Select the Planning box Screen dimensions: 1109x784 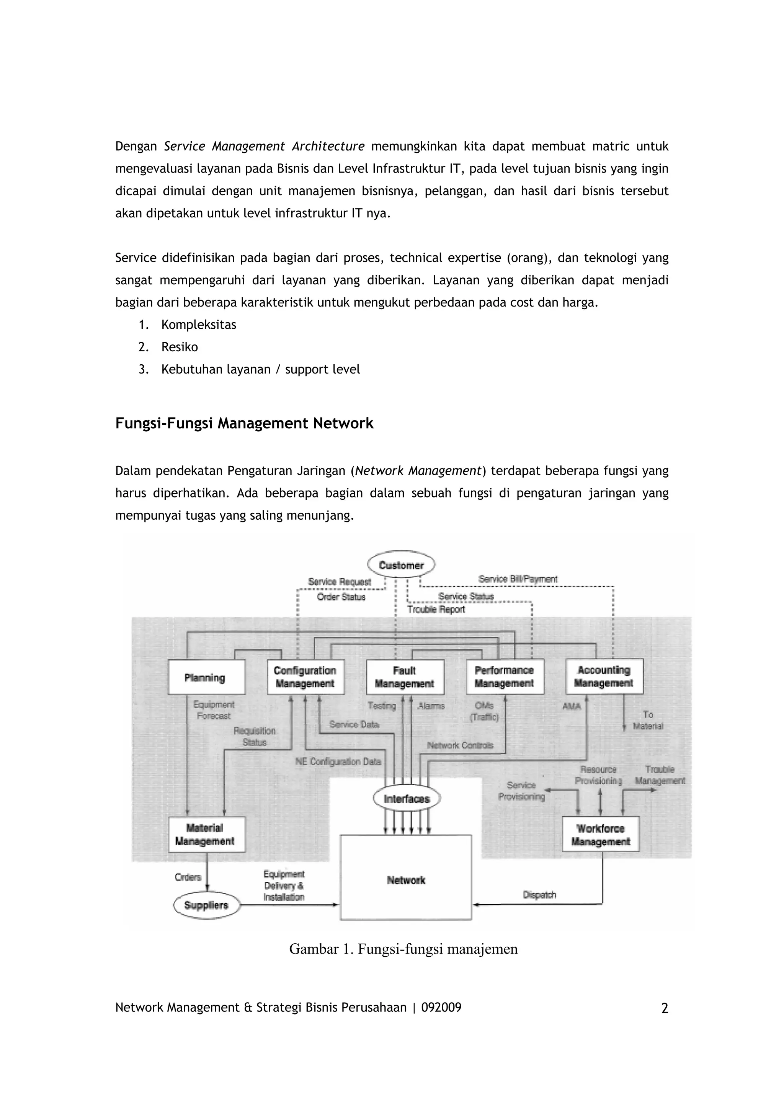[206, 677]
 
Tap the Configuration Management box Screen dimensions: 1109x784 [305, 677]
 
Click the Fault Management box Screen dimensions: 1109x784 [405, 677]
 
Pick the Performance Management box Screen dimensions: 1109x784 [504, 677]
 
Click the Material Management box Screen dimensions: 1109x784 [206, 834]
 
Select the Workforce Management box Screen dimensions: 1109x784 [600, 835]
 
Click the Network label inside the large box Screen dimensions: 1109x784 [406, 880]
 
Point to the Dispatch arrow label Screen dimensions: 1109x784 [539, 895]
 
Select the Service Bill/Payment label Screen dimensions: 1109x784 [518, 579]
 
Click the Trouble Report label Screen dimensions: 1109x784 [436, 609]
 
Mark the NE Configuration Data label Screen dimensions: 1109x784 [338, 762]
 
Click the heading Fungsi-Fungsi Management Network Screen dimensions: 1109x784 [245, 423]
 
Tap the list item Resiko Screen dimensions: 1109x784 [180, 347]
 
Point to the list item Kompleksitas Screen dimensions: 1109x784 [199, 325]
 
